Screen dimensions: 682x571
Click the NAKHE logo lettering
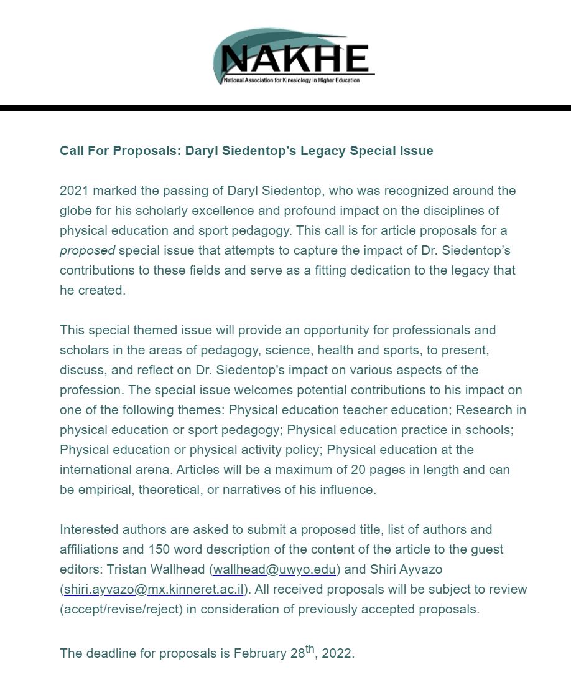coord(294,59)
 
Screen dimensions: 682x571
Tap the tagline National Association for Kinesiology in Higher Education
coord(292,80)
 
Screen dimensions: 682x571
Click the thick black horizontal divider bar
coord(285,108)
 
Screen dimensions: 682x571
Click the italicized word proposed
coord(87,250)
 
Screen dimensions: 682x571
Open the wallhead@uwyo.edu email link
coord(275,569)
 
